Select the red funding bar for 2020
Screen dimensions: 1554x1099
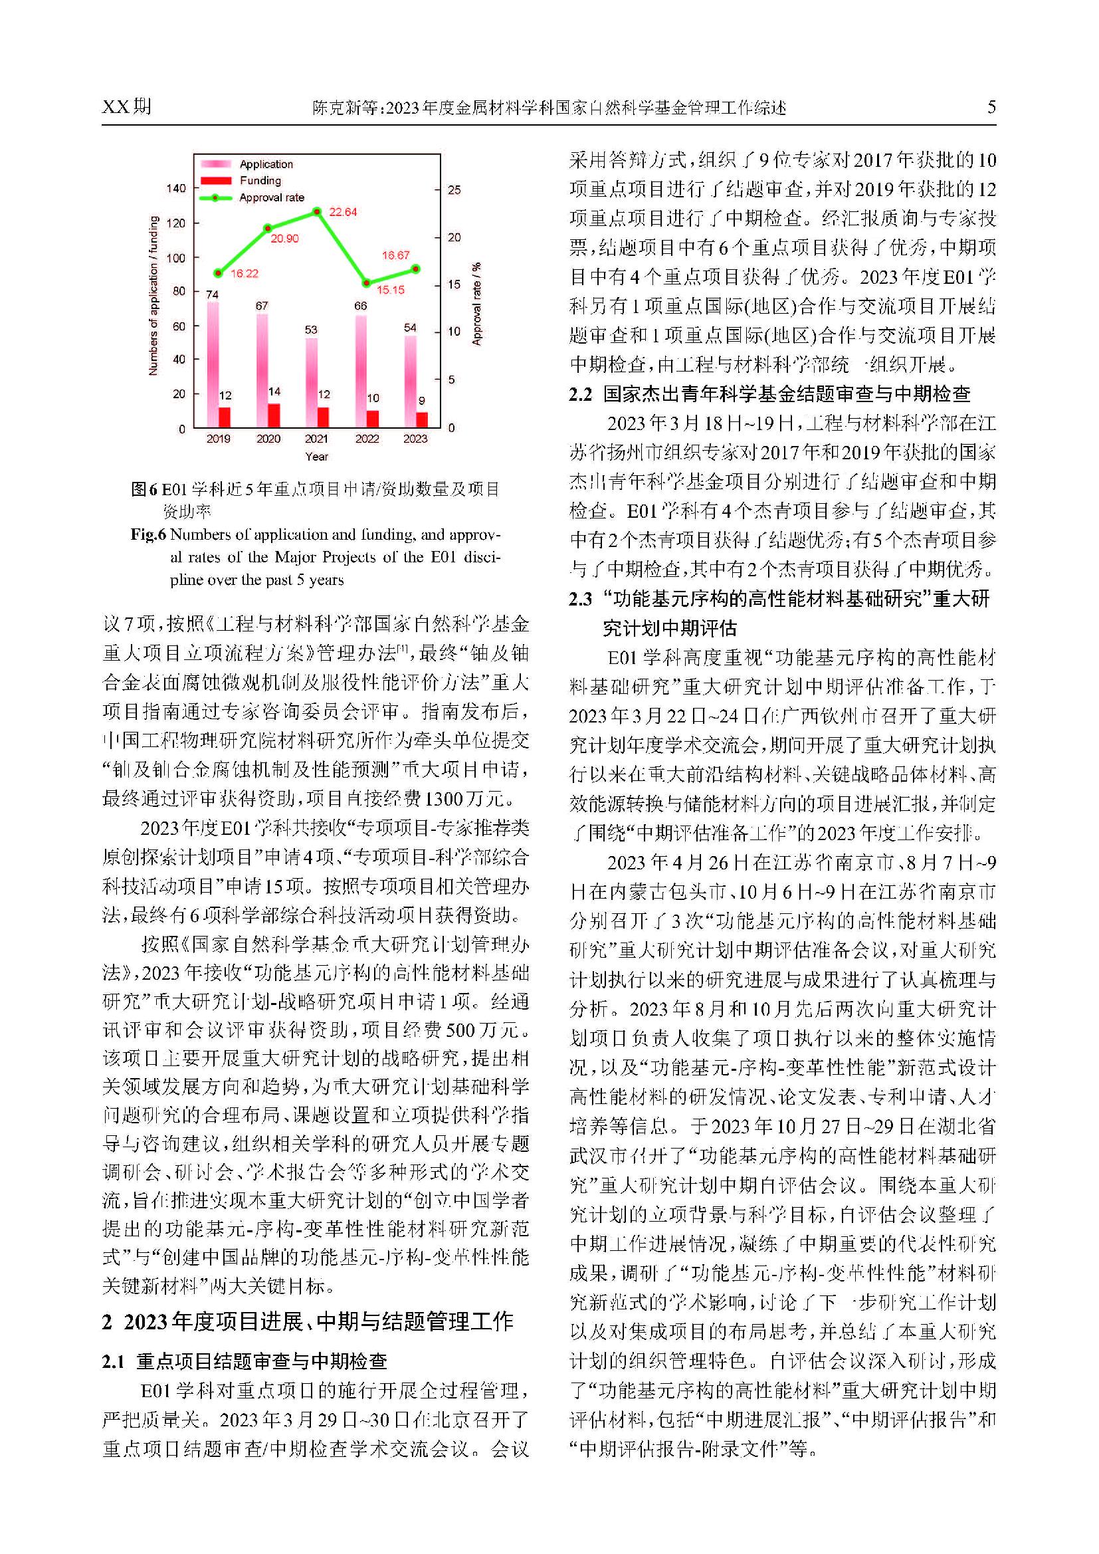273,415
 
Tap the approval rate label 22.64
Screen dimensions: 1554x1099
342,212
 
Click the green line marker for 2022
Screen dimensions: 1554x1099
366,283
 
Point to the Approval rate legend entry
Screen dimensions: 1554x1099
271,197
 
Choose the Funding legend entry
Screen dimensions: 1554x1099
260,181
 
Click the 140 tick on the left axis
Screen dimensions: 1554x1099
176,188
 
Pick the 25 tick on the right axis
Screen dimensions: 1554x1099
454,190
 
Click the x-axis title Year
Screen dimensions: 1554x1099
317,456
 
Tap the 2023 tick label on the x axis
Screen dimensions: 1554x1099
415,439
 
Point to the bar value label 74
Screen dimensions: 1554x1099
212,294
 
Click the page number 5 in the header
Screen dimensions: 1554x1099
991,107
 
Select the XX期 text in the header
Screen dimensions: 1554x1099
126,107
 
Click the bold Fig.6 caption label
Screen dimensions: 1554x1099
148,534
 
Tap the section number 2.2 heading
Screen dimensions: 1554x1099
580,395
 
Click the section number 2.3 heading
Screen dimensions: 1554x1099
580,599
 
